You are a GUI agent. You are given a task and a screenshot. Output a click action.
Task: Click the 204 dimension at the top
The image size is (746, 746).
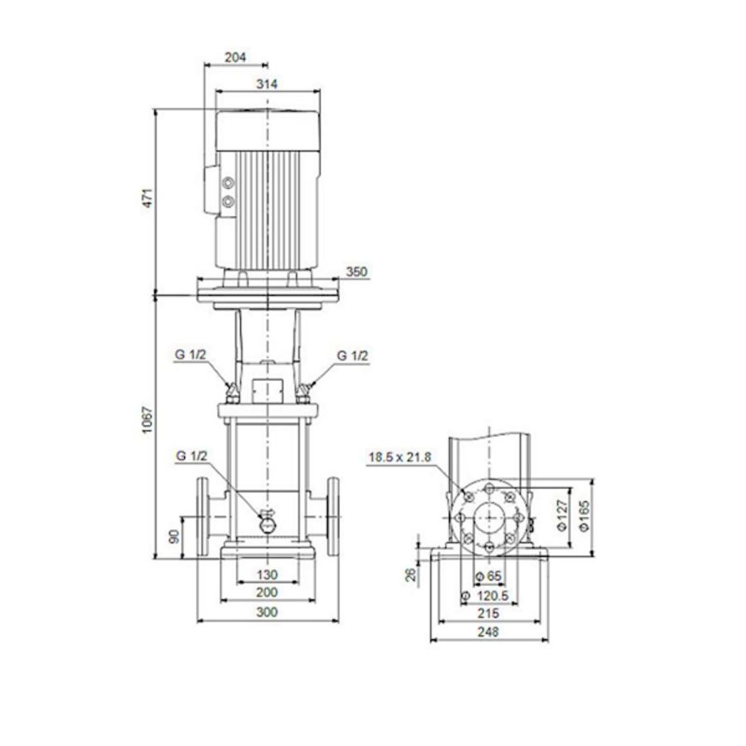[236, 57]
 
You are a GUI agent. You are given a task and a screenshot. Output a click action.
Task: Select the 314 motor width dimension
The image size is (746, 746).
[266, 84]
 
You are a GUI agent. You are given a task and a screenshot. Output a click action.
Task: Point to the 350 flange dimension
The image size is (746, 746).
[356, 272]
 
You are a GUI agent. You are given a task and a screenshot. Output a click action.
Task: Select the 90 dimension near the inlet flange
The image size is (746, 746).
[174, 535]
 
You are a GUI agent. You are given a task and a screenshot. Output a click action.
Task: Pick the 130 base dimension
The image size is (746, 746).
[266, 574]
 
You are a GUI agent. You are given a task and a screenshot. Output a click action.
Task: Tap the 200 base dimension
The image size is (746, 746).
[266, 593]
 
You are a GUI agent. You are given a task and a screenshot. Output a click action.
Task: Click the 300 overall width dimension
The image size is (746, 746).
[266, 612]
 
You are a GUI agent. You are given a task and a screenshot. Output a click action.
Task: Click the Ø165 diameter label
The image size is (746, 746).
[585, 516]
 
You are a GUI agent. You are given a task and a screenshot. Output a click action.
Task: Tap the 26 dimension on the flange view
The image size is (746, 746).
[410, 574]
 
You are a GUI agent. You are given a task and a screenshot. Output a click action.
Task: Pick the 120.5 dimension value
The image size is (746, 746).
[491, 596]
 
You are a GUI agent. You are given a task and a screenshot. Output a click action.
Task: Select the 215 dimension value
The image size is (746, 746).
[488, 614]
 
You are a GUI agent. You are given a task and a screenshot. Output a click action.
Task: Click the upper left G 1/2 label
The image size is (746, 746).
[190, 354]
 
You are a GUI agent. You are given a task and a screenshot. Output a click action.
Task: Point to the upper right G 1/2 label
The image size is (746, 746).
[352, 354]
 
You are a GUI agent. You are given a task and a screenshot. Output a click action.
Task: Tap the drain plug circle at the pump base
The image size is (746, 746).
[269, 524]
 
